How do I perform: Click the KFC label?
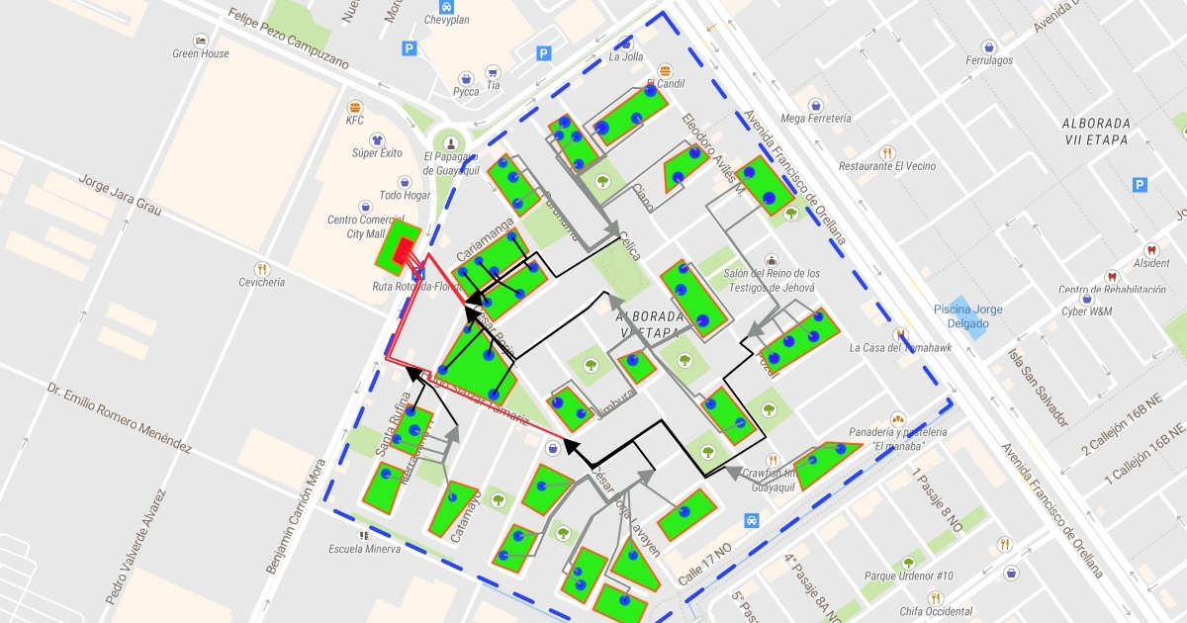(x=355, y=121)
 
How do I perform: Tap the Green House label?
(x=200, y=53)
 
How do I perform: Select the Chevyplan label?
(x=448, y=19)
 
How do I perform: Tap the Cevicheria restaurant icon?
(x=261, y=269)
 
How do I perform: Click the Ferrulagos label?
(x=989, y=60)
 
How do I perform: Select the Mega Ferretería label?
(x=815, y=119)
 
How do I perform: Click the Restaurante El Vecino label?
(x=886, y=166)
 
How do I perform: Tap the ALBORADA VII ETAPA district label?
(x=1094, y=132)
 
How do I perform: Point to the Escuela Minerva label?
(x=365, y=549)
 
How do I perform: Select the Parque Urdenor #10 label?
(x=908, y=576)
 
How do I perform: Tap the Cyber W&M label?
(x=1085, y=311)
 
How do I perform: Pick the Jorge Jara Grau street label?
(x=119, y=197)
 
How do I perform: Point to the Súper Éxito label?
(x=377, y=153)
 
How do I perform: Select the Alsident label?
(x=1151, y=264)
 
